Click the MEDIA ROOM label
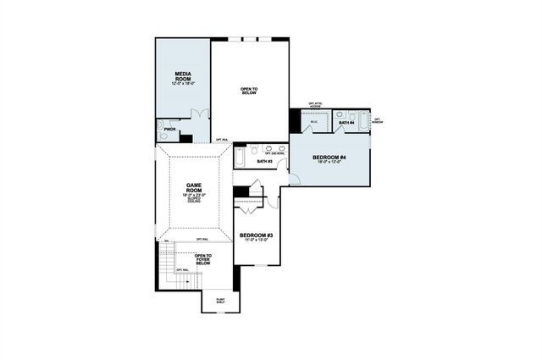pyautogui.click(x=183, y=76)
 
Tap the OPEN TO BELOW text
pyautogui.click(x=250, y=91)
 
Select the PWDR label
pyautogui.click(x=169, y=130)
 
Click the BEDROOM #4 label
pyautogui.click(x=329, y=158)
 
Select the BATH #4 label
pyautogui.click(x=346, y=124)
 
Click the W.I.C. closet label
pyautogui.click(x=312, y=122)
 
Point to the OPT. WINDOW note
pyautogui.click(x=378, y=121)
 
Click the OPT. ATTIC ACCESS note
pyautogui.click(x=317, y=105)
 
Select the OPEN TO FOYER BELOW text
pyautogui.click(x=203, y=259)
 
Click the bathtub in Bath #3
pyautogui.click(x=240, y=158)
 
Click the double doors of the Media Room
pyautogui.click(x=198, y=116)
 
